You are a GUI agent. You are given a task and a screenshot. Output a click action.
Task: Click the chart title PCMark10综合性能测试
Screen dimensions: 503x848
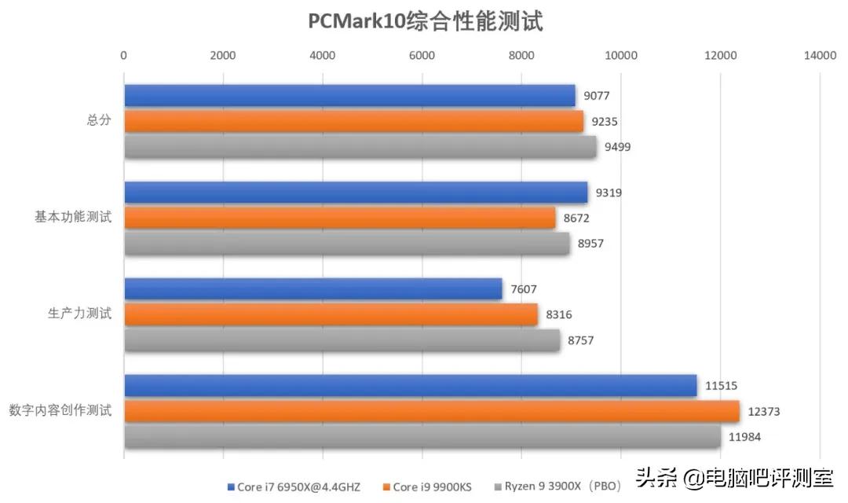(x=425, y=21)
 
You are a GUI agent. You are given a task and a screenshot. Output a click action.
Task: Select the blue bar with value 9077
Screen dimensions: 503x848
(x=349, y=96)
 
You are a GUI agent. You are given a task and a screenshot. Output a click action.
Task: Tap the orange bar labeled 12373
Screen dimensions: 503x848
(x=432, y=411)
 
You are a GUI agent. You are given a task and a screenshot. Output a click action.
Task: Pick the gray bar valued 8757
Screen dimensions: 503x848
(x=342, y=340)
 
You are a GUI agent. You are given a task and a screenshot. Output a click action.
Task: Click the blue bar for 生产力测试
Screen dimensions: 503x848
(x=313, y=289)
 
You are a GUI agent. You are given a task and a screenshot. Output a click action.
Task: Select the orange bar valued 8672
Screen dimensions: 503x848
(x=339, y=218)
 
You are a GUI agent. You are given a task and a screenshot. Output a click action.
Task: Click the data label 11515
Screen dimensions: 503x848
(x=721, y=385)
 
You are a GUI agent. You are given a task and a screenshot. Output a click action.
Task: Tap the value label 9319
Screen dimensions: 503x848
(x=609, y=193)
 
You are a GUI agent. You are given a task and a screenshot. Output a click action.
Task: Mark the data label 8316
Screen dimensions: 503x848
(x=559, y=314)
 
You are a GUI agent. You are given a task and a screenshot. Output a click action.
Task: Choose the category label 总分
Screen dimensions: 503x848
(x=99, y=121)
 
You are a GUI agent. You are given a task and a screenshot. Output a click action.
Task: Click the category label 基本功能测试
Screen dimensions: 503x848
(x=73, y=218)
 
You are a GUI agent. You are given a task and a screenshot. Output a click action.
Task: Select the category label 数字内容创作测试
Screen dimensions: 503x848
(x=60, y=410)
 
